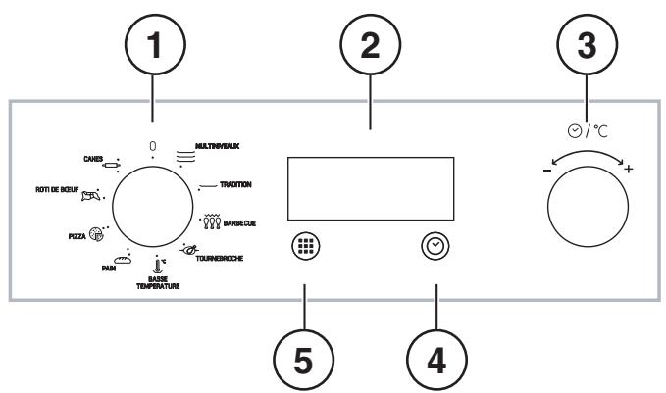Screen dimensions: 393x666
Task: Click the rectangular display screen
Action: coord(372,188)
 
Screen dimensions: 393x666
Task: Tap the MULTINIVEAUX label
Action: coord(218,145)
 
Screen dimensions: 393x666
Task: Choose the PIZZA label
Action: coord(74,235)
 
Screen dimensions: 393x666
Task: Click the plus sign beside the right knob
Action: coord(628,171)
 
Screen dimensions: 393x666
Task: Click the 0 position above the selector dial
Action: coord(153,146)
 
